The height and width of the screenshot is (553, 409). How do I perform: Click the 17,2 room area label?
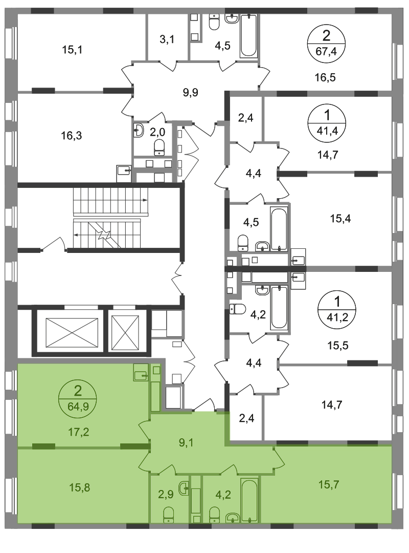(x=78, y=432)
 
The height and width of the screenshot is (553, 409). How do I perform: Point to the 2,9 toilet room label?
(x=165, y=495)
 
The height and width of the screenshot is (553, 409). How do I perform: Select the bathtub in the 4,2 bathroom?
(x=250, y=500)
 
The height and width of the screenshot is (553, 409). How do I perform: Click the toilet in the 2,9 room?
(x=168, y=515)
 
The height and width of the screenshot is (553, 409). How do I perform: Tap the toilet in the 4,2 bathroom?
(x=215, y=514)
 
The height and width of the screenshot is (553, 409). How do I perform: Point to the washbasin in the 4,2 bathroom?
(x=233, y=518)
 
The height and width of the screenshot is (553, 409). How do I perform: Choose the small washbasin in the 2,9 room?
(x=183, y=488)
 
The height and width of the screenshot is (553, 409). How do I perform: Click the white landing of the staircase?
(x=107, y=218)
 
